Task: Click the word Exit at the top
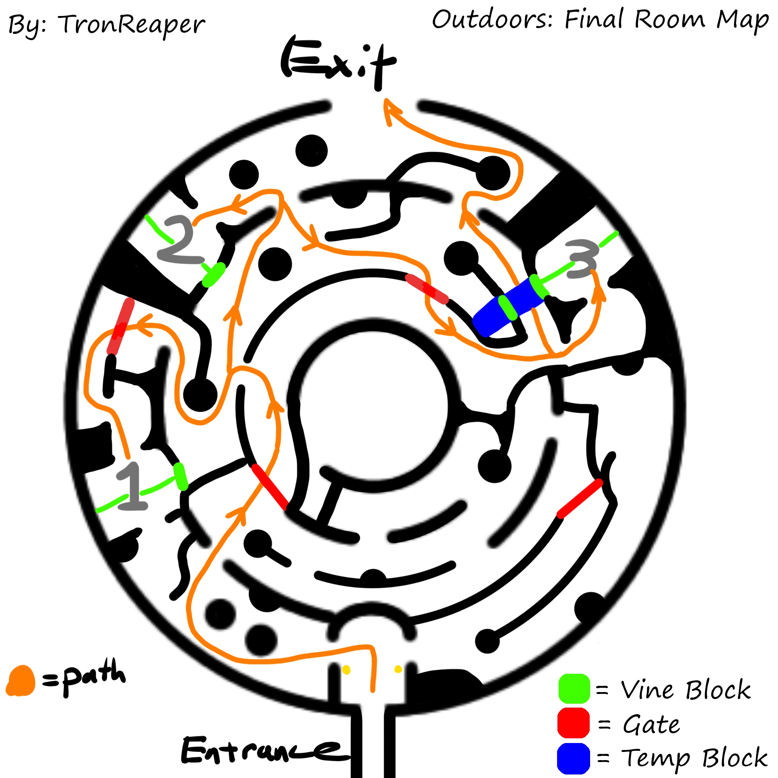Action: click(338, 62)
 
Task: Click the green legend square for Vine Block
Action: click(574, 689)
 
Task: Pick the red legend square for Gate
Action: click(573, 723)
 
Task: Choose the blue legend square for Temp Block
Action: click(573, 758)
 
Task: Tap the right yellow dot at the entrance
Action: click(398, 669)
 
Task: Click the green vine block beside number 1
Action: click(181, 477)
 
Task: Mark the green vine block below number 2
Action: click(214, 275)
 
